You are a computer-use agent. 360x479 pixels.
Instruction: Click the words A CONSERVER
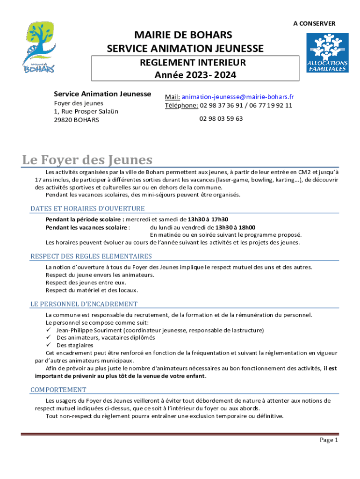tap(314, 23)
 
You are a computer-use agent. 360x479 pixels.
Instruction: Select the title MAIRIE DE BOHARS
tap(183, 35)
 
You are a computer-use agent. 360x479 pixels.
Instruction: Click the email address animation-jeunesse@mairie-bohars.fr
tap(238, 97)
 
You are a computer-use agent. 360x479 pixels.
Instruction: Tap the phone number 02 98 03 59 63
tap(221, 119)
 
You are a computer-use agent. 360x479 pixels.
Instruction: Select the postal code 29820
tap(63, 120)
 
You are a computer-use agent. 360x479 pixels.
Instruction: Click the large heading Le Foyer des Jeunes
tap(87, 160)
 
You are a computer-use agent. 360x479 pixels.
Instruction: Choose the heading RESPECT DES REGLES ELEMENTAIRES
tap(91, 256)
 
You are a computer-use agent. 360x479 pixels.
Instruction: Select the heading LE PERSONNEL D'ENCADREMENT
tap(84, 304)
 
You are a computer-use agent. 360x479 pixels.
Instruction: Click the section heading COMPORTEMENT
tap(58, 390)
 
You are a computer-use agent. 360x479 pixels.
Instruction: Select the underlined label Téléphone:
tap(181, 105)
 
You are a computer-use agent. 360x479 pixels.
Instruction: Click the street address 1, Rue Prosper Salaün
tap(86, 111)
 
